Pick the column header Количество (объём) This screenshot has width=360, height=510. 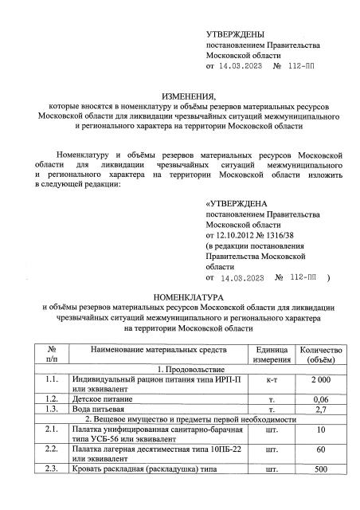click(x=320, y=355)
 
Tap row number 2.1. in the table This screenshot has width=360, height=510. click(x=53, y=430)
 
